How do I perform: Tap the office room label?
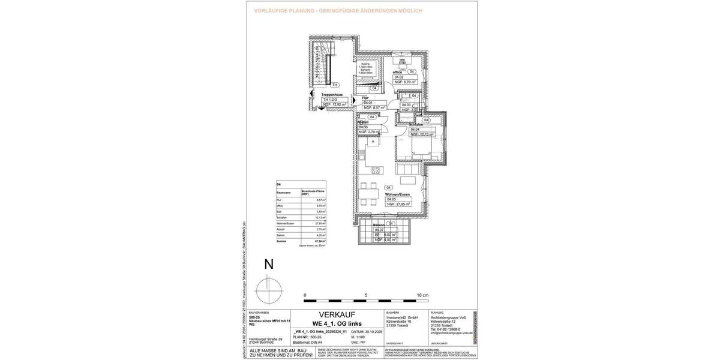pos(397,72)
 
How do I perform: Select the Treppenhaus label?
pos(331,94)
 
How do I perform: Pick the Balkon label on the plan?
pos(379,224)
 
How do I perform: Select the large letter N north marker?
pos(269,264)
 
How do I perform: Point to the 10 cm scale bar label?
pos(422,296)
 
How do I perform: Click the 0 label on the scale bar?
pos(305,296)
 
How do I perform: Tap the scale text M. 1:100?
pos(359,337)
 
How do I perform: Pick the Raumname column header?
pos(284,193)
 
